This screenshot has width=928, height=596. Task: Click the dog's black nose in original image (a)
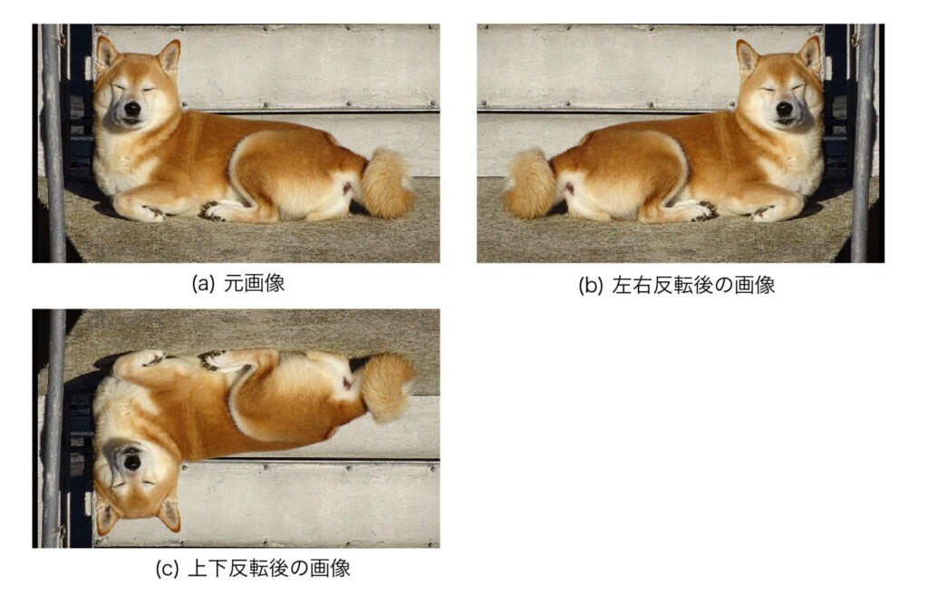pyautogui.click(x=132, y=108)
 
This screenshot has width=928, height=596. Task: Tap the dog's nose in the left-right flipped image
pyautogui.click(x=784, y=108)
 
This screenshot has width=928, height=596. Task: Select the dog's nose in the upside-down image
pyautogui.click(x=132, y=462)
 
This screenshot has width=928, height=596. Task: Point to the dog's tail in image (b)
pyautogui.click(x=529, y=184)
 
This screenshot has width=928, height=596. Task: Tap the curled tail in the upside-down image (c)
pyautogui.click(x=388, y=387)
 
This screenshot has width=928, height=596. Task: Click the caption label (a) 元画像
pyautogui.click(x=238, y=283)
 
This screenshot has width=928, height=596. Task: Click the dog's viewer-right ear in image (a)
pyautogui.click(x=169, y=56)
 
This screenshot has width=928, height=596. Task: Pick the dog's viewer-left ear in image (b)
pyautogui.click(x=748, y=56)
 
